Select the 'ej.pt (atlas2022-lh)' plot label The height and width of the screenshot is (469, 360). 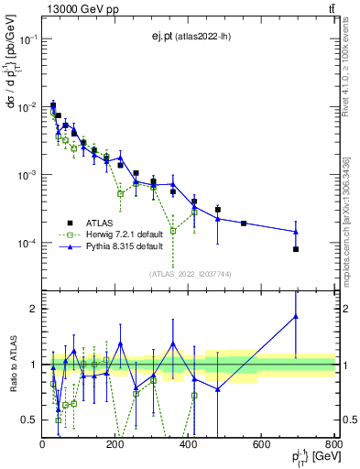point(191,37)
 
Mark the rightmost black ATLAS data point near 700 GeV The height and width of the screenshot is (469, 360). point(296,249)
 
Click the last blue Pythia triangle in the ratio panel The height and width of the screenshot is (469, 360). point(296,317)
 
